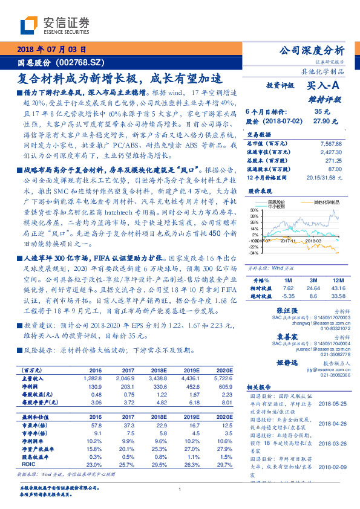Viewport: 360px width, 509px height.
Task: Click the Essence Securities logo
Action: [x=54, y=26]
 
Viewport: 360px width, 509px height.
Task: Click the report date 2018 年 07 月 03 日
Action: [x=54, y=50]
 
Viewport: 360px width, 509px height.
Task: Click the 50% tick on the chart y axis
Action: [x=254, y=210]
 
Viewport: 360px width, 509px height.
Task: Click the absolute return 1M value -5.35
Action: [x=288, y=296]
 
